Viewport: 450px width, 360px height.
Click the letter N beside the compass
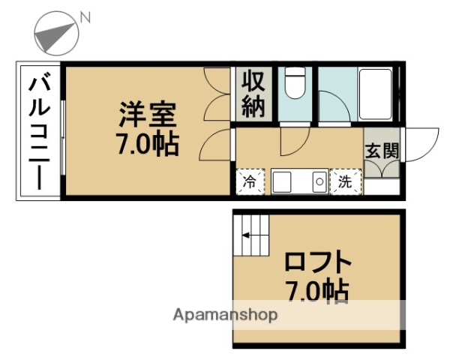click(x=85, y=17)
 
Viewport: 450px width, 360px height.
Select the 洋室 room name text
click(x=147, y=114)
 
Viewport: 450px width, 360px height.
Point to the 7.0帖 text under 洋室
click(x=147, y=144)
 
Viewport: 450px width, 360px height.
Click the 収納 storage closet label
click(x=253, y=94)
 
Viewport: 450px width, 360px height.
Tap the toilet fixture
click(x=295, y=83)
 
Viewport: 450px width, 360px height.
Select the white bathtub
click(x=376, y=94)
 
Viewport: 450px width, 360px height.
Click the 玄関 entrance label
click(x=382, y=151)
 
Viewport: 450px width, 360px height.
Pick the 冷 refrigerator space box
click(x=250, y=181)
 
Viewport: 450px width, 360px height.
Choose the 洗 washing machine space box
click(x=346, y=181)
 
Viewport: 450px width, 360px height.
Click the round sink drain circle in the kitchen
click(x=319, y=181)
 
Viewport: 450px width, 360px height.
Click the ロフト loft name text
click(x=318, y=262)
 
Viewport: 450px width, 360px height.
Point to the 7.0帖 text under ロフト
click(x=317, y=292)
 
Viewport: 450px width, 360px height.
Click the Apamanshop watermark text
click(x=225, y=315)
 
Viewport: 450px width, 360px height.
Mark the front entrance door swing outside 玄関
click(x=421, y=145)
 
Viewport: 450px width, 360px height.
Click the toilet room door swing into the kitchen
click(x=295, y=142)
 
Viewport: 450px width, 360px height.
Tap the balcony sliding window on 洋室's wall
click(x=63, y=137)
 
